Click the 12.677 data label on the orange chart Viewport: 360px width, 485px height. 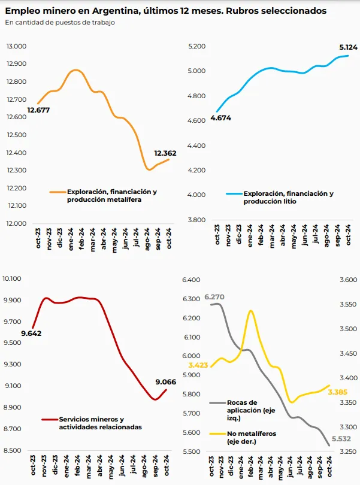(38, 110)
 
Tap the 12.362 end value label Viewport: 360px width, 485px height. (166, 153)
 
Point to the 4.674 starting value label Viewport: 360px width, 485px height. (220, 118)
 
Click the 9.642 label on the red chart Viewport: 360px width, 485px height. (31, 334)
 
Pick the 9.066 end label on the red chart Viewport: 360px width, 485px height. (165, 382)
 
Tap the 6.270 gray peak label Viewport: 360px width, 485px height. (214, 296)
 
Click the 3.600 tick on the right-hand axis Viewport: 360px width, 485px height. (345, 280)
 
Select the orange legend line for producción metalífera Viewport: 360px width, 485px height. (57, 192)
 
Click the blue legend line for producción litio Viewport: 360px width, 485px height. (233, 194)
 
